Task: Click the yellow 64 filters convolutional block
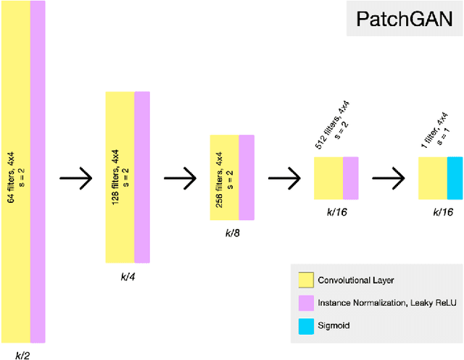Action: click(15, 171)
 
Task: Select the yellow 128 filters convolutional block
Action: click(120, 177)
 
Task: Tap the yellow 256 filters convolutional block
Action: click(224, 177)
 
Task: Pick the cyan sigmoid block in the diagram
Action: click(455, 178)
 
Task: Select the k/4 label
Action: click(127, 275)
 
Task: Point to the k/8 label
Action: click(231, 233)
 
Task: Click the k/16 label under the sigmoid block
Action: click(442, 212)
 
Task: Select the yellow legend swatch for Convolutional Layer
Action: click(305, 279)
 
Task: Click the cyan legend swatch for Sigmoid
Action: click(305, 325)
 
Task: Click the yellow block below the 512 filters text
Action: click(328, 178)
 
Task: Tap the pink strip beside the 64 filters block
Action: click(38, 171)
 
